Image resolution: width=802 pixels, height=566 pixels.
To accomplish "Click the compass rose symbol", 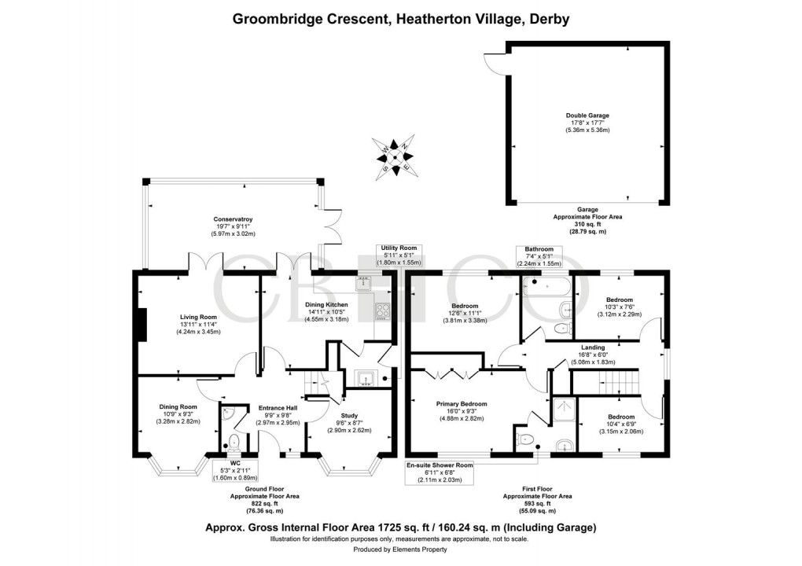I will coord(399,155).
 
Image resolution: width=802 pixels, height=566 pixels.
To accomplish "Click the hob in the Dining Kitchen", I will coord(383,311).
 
